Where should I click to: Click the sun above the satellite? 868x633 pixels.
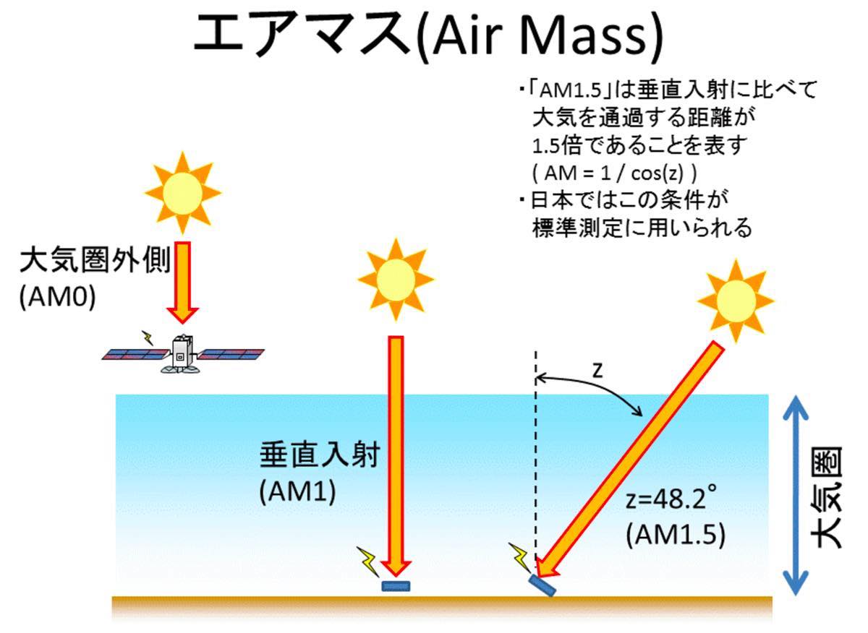tap(183, 193)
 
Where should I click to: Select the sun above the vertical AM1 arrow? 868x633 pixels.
tap(396, 279)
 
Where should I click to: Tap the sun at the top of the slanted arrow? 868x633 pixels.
tap(736, 301)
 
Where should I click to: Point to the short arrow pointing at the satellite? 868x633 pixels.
tap(183, 283)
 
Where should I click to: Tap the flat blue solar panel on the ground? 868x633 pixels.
tap(396, 586)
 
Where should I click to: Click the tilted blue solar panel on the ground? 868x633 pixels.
tap(543, 585)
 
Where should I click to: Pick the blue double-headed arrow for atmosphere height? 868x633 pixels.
tap(796, 495)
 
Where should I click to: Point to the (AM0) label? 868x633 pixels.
tap(57, 298)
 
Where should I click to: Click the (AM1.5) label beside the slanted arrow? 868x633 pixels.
tap(676, 535)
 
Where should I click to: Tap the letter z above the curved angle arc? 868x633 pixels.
tap(598, 371)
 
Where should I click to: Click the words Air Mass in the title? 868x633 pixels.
tap(540, 37)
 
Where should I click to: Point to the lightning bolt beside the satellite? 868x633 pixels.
tap(148, 337)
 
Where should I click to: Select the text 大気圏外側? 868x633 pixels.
tap(95, 261)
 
